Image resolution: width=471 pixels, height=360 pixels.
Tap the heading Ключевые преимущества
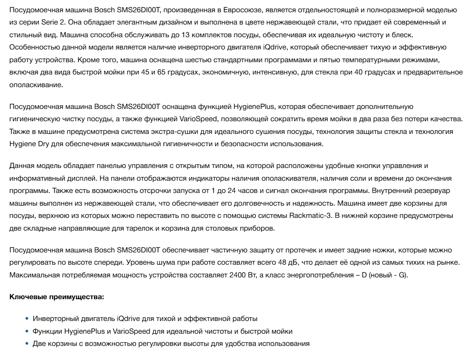[x=56, y=297]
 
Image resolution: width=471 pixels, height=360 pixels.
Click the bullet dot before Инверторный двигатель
[x=27, y=319]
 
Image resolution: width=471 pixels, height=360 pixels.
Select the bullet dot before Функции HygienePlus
[x=27, y=331]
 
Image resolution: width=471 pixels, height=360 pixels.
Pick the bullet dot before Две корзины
[x=27, y=344]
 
